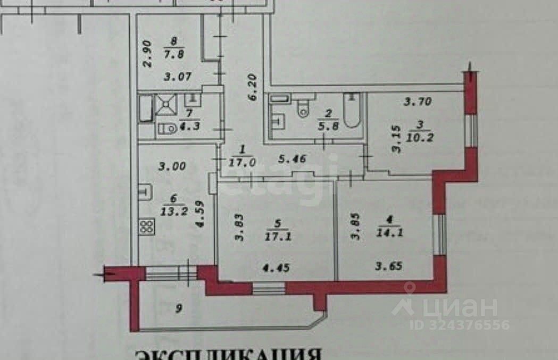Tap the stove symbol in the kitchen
pos(147,227)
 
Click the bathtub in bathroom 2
pos(352,110)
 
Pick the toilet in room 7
pos(167,129)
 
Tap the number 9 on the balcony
pos(179,308)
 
